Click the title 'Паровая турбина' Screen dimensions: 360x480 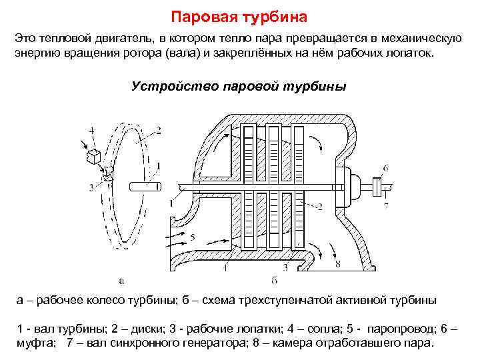pos(239,15)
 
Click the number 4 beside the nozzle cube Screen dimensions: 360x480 pos(91,129)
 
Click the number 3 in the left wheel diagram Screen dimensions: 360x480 pos(91,188)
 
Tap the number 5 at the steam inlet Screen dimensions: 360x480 pos(192,237)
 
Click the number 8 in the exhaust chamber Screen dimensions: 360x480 pos(338,265)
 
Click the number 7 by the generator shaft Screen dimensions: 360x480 pos(386,207)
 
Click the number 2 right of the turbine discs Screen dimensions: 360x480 pos(321,206)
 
